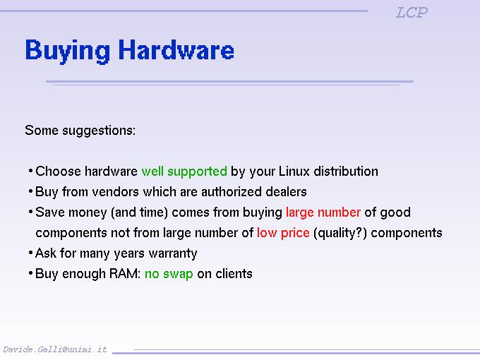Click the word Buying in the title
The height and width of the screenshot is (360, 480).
pyautogui.click(x=67, y=51)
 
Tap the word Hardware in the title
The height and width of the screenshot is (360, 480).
pyautogui.click(x=176, y=49)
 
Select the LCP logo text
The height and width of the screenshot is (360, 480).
pyautogui.click(x=412, y=13)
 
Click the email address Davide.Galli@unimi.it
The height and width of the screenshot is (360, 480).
pyautogui.click(x=55, y=349)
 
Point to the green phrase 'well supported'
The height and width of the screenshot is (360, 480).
pyautogui.click(x=184, y=172)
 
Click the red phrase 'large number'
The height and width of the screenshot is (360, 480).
pyautogui.click(x=323, y=212)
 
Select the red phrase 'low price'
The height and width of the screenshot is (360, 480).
pyautogui.click(x=283, y=233)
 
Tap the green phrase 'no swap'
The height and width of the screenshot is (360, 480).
pyautogui.click(x=169, y=274)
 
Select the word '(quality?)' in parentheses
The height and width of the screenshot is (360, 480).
pyautogui.click(x=340, y=233)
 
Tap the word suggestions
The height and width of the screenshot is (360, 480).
pyautogui.click(x=99, y=131)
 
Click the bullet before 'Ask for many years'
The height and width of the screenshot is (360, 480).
pyautogui.click(x=30, y=253)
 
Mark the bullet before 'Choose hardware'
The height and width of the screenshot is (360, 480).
pyautogui.click(x=30, y=171)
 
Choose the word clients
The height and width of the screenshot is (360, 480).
pyautogui.click(x=234, y=273)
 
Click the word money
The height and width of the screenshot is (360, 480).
pyautogui.click(x=88, y=212)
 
